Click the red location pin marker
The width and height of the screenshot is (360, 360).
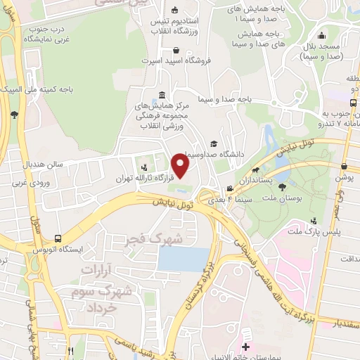point(181,166)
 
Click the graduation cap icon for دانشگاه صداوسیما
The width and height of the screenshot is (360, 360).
point(212,143)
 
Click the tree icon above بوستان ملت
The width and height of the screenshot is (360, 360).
point(282,187)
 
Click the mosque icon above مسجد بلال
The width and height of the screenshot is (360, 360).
point(321,37)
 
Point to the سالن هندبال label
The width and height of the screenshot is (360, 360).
point(44,165)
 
